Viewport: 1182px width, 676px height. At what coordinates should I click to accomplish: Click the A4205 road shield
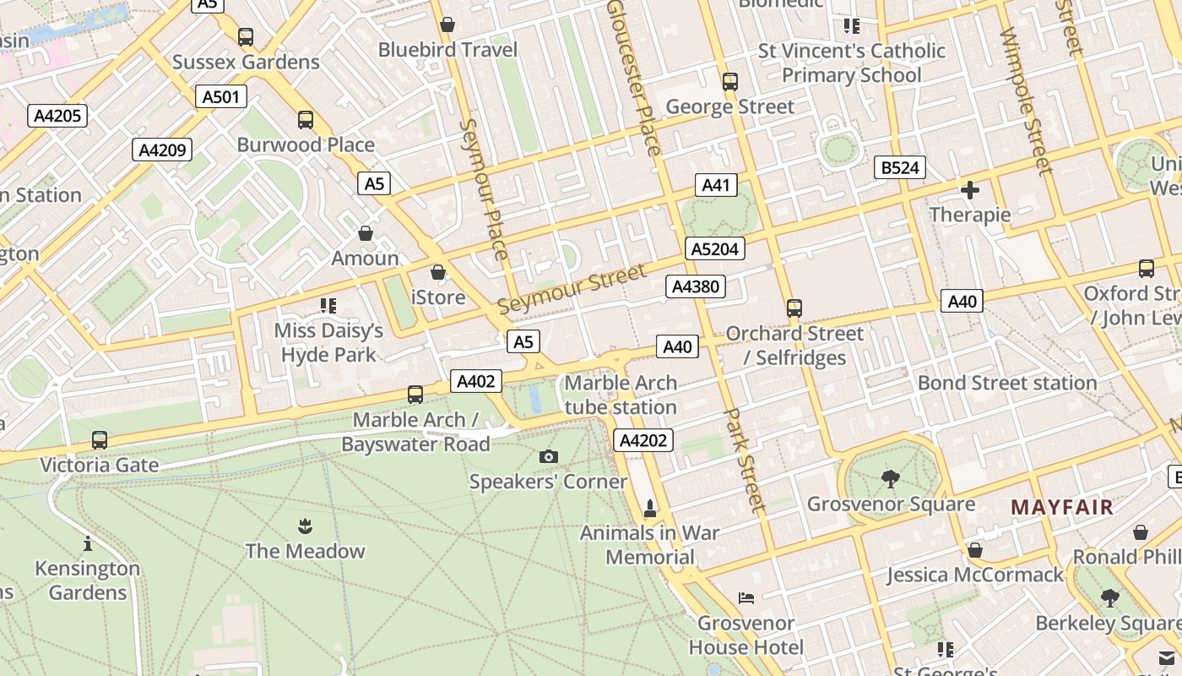click(57, 116)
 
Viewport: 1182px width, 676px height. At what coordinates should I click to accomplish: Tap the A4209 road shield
click(162, 150)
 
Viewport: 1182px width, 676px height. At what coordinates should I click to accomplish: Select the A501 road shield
click(221, 97)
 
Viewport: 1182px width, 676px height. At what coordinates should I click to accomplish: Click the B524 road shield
click(899, 167)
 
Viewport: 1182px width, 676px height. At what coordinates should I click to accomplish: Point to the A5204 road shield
click(714, 248)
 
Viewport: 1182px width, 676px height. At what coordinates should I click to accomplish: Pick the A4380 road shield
click(695, 286)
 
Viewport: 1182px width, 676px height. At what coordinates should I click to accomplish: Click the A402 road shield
click(475, 381)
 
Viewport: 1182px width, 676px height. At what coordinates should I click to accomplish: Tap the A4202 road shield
click(643, 439)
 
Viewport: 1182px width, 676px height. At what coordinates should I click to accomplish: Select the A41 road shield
click(716, 185)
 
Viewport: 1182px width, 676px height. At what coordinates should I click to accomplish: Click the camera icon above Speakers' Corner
click(548, 457)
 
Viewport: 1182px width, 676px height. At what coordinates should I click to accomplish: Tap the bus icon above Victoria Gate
click(100, 440)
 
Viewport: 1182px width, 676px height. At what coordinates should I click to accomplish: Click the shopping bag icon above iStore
click(437, 272)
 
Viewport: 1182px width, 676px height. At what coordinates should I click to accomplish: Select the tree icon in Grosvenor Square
click(890, 479)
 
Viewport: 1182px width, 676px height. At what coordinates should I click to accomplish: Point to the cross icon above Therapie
click(970, 190)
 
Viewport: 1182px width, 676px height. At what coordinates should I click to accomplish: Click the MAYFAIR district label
click(1062, 507)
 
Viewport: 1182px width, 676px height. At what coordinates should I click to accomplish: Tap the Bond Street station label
click(1007, 383)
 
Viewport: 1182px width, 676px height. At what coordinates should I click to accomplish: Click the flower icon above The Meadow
click(305, 527)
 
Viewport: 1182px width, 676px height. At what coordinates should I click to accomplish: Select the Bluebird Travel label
click(447, 50)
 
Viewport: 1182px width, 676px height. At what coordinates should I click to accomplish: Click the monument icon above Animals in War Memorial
click(649, 509)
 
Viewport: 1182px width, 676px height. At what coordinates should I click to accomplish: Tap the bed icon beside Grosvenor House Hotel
click(746, 598)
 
